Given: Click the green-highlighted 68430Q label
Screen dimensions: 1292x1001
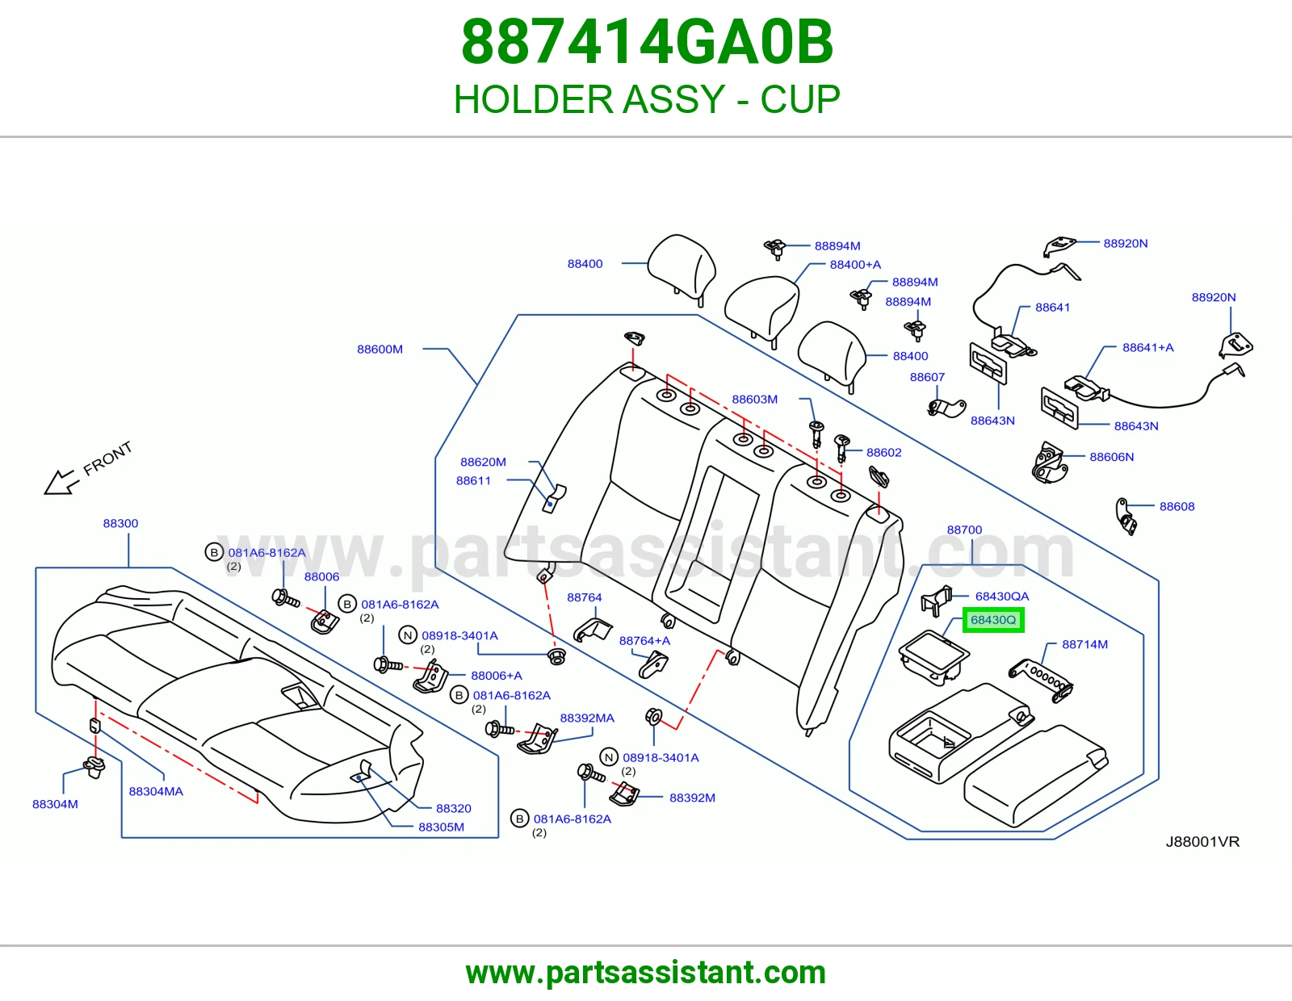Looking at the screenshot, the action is pyautogui.click(x=993, y=620).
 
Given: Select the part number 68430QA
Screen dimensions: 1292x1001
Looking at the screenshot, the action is pyautogui.click(x=1002, y=597).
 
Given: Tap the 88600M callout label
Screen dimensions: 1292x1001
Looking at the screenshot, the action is pyautogui.click(x=380, y=349).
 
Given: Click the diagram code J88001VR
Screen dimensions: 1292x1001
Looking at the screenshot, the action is pyautogui.click(x=1202, y=842).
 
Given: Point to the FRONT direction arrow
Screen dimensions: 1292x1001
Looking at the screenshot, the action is pyautogui.click(x=61, y=482).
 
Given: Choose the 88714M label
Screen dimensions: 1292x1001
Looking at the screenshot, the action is pyautogui.click(x=1085, y=644).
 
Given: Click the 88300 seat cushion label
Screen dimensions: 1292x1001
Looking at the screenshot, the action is pyautogui.click(x=120, y=523).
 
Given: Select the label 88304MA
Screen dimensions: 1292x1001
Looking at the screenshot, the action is pyautogui.click(x=156, y=791).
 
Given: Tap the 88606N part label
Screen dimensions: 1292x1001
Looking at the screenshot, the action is pyautogui.click(x=1111, y=457).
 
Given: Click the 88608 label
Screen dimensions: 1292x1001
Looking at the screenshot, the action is pyautogui.click(x=1177, y=506).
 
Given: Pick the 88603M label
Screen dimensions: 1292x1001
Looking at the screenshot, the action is pyautogui.click(x=754, y=400).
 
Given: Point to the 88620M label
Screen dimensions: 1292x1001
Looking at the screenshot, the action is pyautogui.click(x=484, y=462).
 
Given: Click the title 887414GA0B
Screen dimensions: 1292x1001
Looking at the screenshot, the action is pyautogui.click(x=647, y=42).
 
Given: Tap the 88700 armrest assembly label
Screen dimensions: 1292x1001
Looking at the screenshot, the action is pyautogui.click(x=964, y=530).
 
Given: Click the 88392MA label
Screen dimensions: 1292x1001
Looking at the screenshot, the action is pyautogui.click(x=587, y=718).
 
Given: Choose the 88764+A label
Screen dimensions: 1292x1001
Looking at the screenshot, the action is pyautogui.click(x=644, y=641).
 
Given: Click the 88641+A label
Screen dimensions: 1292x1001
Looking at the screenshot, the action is pyautogui.click(x=1148, y=348).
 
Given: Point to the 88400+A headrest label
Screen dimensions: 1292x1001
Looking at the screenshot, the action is pyautogui.click(x=856, y=265).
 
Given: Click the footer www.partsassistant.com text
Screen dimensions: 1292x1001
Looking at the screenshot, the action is pyautogui.click(x=646, y=973).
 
